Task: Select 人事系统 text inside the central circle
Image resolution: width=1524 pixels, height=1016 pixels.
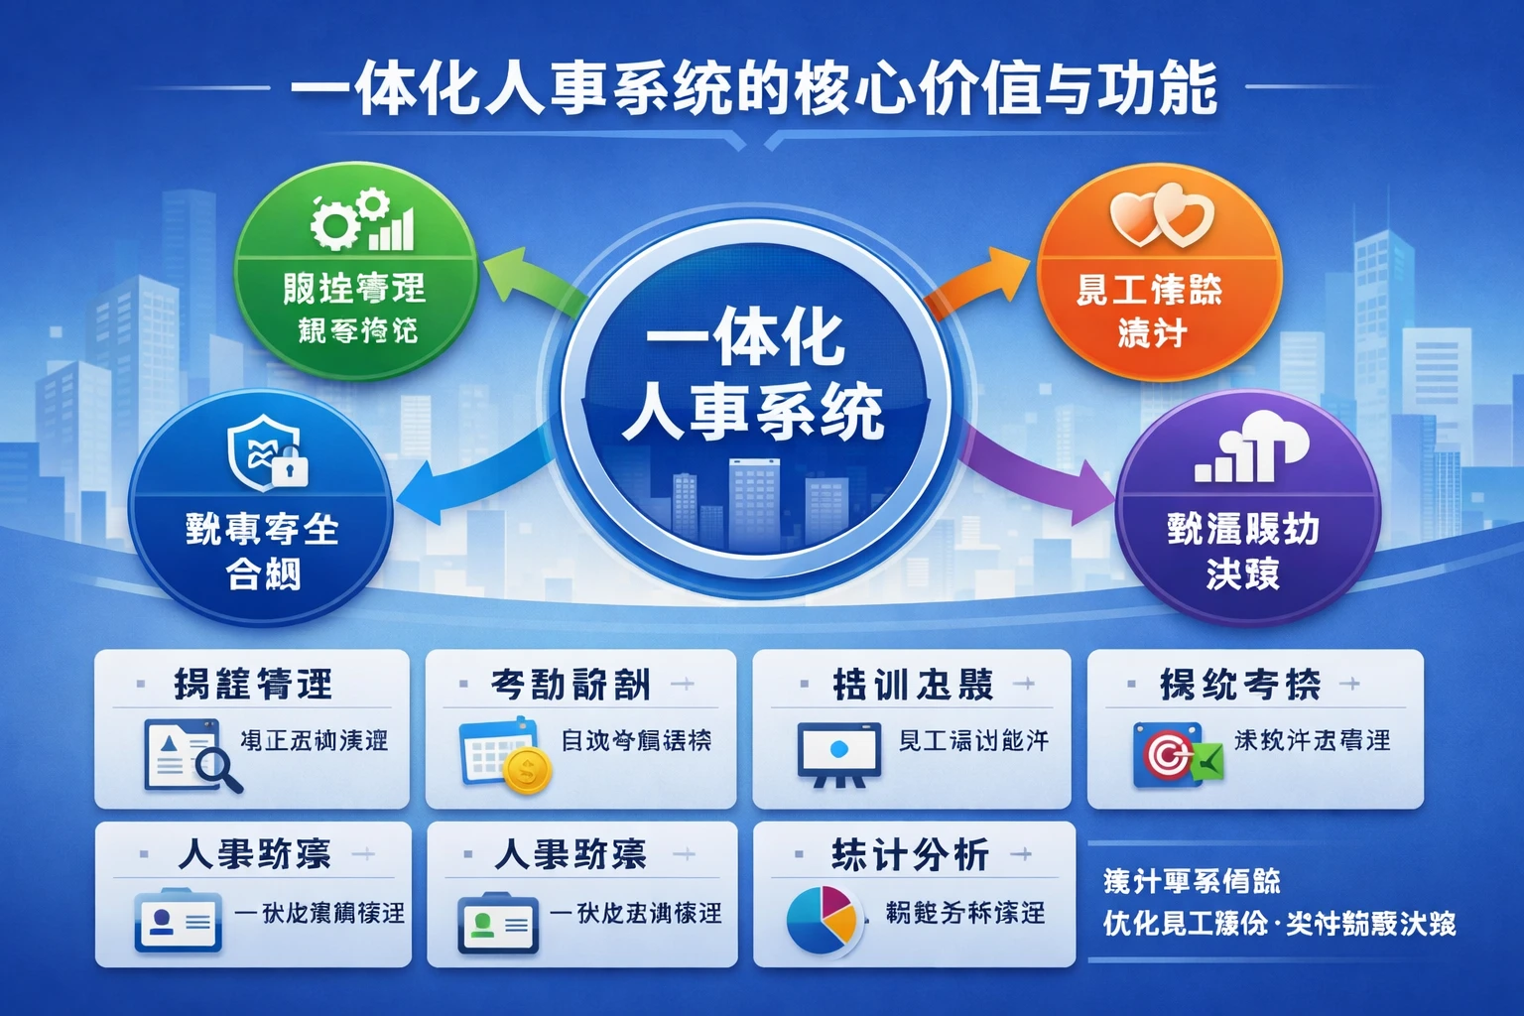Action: click(x=753, y=412)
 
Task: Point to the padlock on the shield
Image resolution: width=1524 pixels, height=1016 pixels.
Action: click(x=290, y=466)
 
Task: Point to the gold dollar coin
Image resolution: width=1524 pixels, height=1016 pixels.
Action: click(x=527, y=769)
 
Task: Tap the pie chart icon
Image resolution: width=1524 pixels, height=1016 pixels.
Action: click(x=821, y=919)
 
